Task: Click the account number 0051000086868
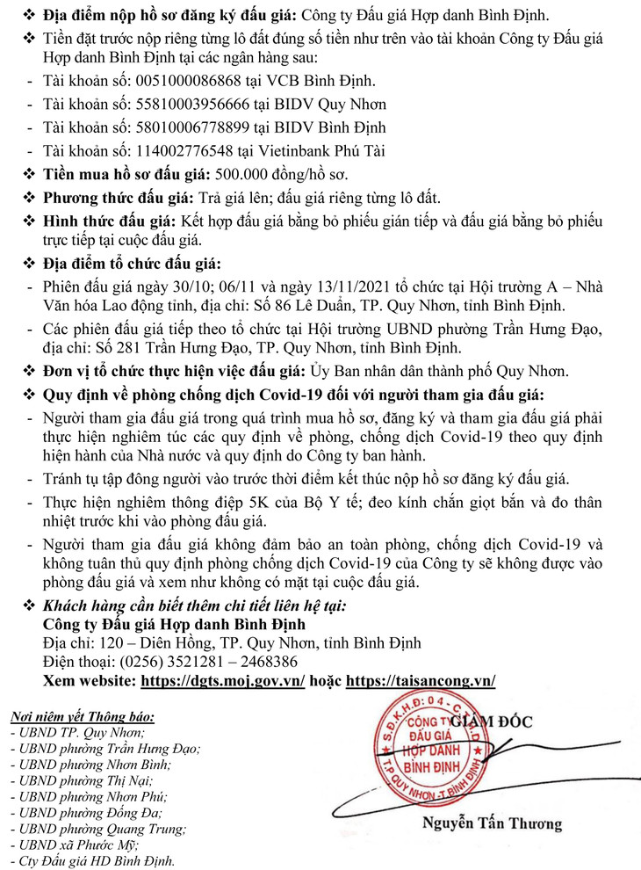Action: (x=178, y=81)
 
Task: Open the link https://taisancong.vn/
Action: (x=421, y=680)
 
